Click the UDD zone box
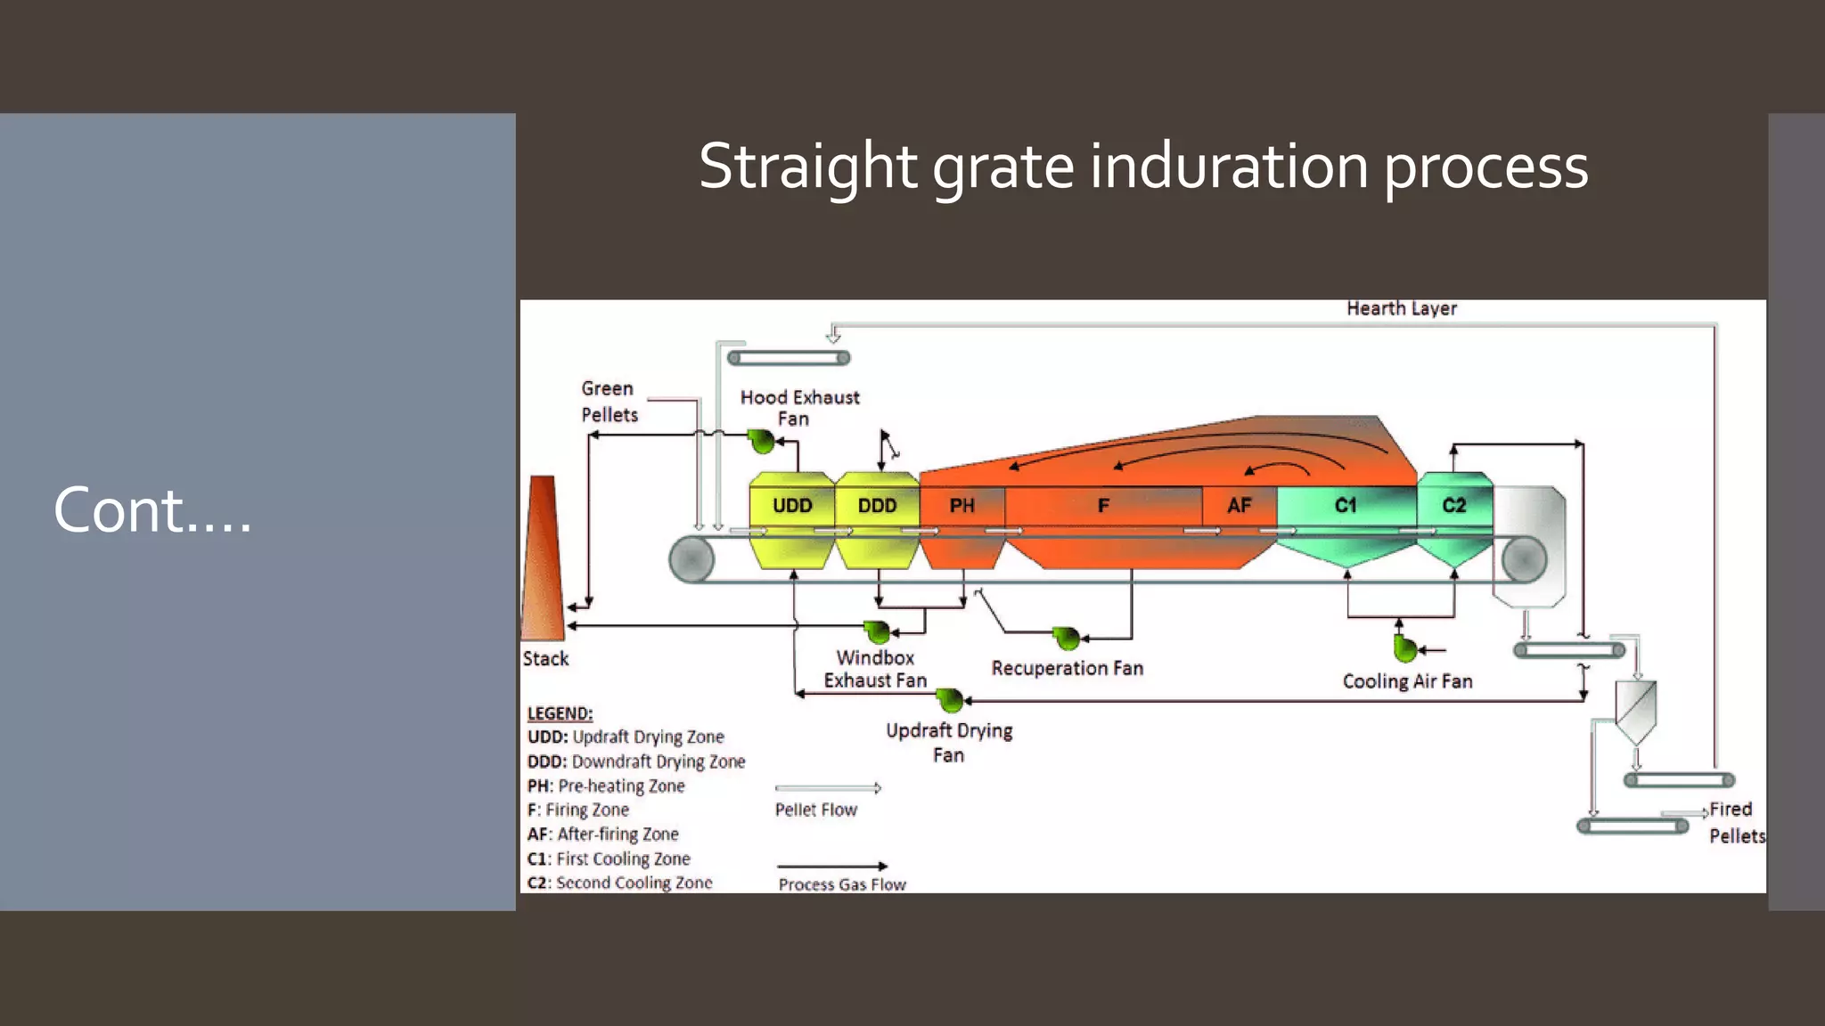(x=792, y=505)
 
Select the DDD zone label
(x=877, y=505)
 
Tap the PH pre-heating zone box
(x=962, y=505)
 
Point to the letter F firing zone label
(x=1103, y=505)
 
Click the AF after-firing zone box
(x=1239, y=505)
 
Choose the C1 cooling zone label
(x=1346, y=505)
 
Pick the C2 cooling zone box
(x=1453, y=505)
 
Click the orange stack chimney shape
(x=543, y=561)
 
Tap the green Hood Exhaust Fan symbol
(x=761, y=440)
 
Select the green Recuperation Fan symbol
(x=1065, y=638)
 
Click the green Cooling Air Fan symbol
(x=1404, y=649)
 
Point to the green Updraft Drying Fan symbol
(x=950, y=700)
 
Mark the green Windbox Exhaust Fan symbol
(x=877, y=632)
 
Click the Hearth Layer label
(x=1401, y=308)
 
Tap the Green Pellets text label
(x=610, y=401)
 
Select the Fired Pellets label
(x=1734, y=822)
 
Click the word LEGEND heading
(x=560, y=713)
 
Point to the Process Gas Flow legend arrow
(x=831, y=866)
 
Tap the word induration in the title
(x=1229, y=167)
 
